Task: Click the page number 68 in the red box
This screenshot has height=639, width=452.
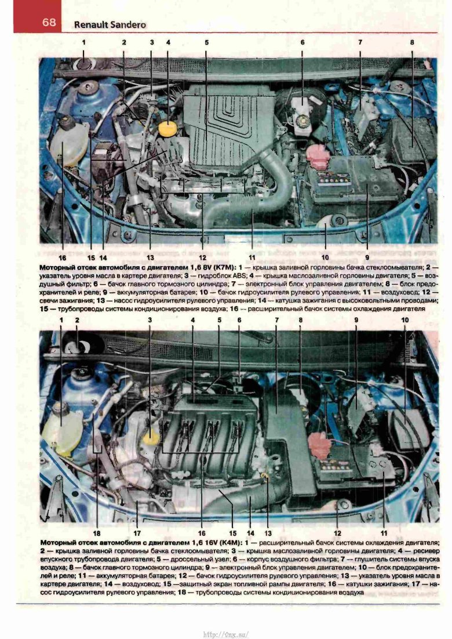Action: (49, 22)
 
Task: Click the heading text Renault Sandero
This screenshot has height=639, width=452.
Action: (110, 25)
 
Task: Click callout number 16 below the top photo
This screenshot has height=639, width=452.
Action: (63, 257)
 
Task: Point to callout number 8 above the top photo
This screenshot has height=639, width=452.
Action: (412, 42)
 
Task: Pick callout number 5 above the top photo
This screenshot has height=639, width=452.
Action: (206, 42)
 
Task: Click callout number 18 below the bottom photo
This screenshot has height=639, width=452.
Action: (97, 533)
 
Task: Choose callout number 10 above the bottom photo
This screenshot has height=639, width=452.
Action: (404, 320)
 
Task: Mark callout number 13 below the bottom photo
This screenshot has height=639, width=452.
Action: (268, 533)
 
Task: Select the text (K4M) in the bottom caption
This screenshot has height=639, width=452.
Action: (231, 543)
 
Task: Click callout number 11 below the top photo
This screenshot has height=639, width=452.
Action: (253, 257)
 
